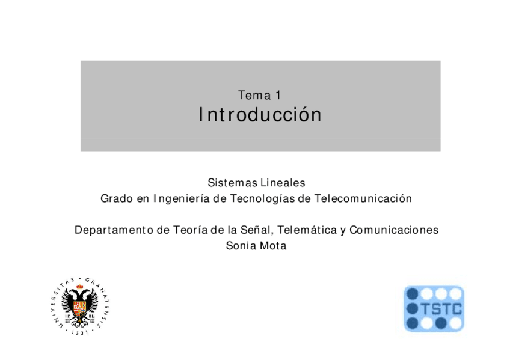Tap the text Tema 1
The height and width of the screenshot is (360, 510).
260,95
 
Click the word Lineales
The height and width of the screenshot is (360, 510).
284,183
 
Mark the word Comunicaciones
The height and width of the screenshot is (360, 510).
394,230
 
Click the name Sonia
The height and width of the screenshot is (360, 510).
239,246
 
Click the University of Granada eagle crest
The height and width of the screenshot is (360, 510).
80,304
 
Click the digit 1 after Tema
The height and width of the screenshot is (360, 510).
277,95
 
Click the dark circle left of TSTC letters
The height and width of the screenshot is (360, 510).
412,309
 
